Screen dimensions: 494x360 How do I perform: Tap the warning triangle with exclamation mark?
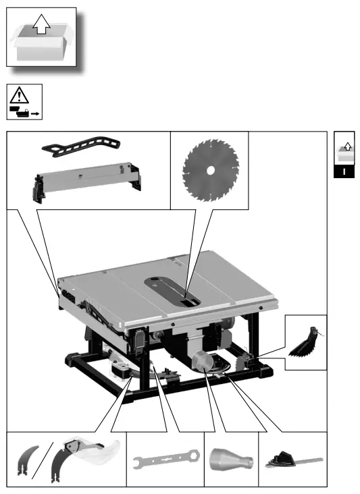click(x=24, y=95)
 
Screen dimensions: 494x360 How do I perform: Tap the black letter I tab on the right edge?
click(x=344, y=171)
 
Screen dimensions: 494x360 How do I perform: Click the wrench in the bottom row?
click(x=165, y=462)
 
